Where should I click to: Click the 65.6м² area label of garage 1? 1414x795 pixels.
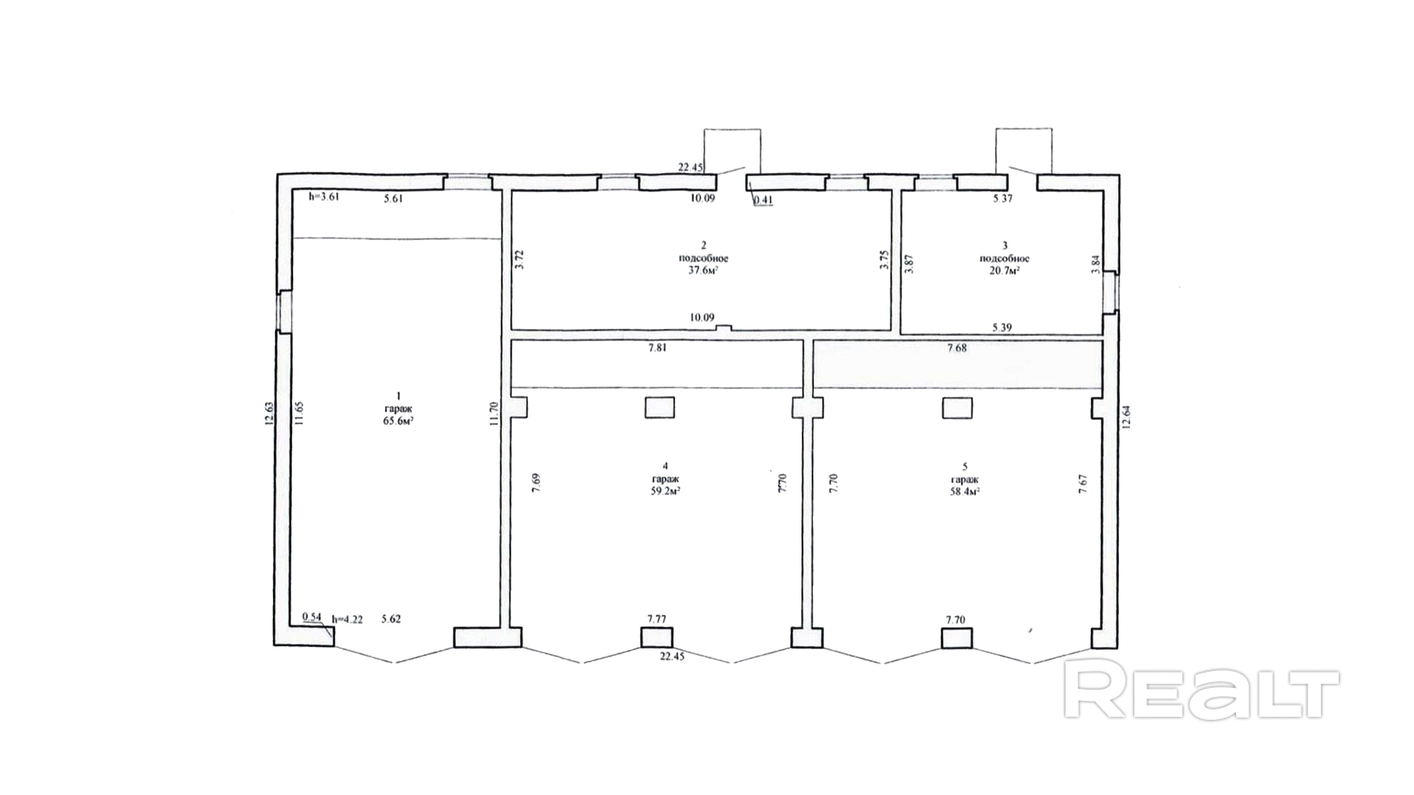click(x=398, y=421)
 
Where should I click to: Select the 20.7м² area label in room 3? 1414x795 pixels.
click(x=1004, y=271)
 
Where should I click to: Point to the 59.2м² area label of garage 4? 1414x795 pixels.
click(x=665, y=491)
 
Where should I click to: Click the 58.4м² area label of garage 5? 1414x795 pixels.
click(x=965, y=491)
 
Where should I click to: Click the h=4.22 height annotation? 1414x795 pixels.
click(x=348, y=619)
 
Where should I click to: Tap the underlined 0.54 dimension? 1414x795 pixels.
click(x=312, y=617)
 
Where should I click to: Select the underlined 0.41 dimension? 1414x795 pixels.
click(x=763, y=200)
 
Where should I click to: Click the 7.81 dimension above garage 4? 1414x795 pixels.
click(x=657, y=347)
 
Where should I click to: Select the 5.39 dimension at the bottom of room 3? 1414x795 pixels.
click(x=1002, y=327)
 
